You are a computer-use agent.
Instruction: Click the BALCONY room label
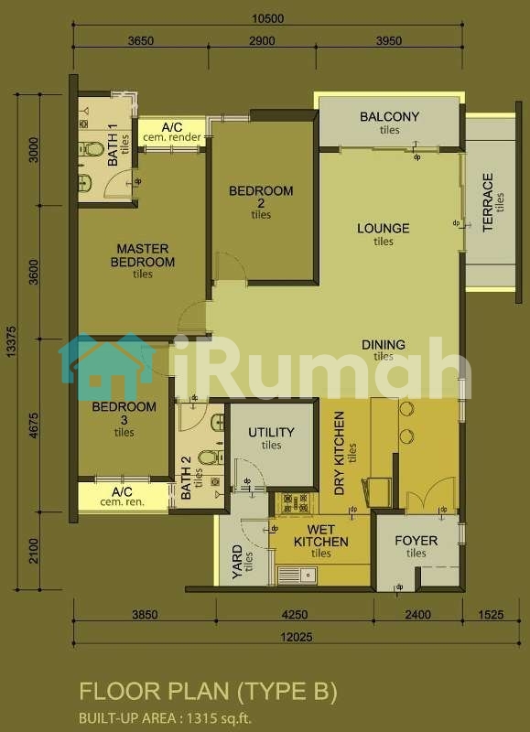coord(389,116)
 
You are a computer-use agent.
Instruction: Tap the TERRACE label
coord(488,203)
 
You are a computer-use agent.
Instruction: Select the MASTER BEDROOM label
coord(143,255)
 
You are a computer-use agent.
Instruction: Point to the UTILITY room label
coord(271,432)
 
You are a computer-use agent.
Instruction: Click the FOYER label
coord(416,541)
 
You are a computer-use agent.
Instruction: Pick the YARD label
coord(237,563)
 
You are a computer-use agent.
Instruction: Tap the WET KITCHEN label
coord(321,536)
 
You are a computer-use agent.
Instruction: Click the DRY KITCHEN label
coord(340,453)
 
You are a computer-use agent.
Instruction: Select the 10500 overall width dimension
coord(267,18)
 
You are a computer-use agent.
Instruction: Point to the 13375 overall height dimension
coord(12,341)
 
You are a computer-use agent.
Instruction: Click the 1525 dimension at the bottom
coord(492,614)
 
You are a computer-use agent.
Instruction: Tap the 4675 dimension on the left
coord(34,425)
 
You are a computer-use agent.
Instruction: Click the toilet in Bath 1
coord(91,149)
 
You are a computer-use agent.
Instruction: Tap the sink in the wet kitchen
coord(297,576)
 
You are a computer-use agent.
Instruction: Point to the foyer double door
coord(430,495)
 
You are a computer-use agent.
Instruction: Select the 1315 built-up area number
coord(200,717)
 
